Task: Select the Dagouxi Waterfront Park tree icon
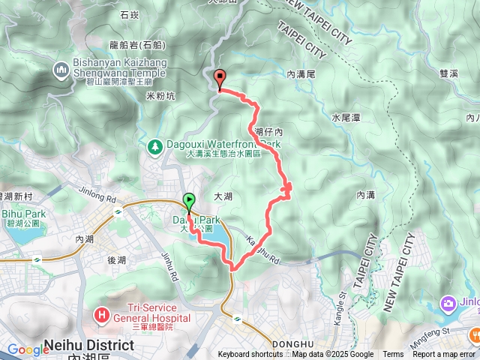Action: pos(155,145)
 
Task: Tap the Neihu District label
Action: pos(89,346)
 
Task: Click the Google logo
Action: pos(28,349)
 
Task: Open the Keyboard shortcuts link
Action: pos(250,355)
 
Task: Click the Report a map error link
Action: pos(444,355)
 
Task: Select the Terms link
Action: pos(393,355)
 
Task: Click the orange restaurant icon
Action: pos(473,335)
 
